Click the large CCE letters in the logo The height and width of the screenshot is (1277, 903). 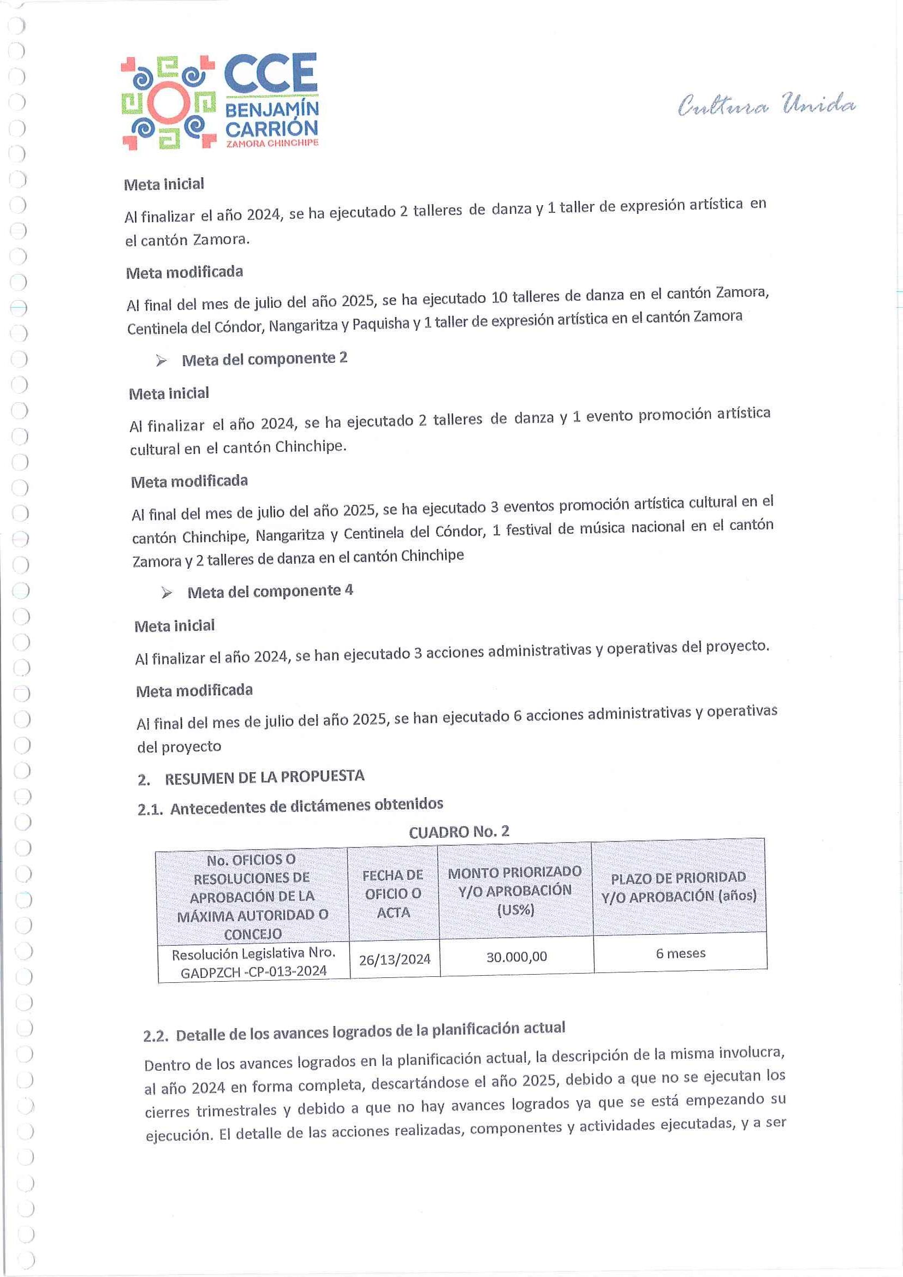270,74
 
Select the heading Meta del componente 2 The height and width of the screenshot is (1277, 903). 264,359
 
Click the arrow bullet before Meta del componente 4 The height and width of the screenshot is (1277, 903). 167,593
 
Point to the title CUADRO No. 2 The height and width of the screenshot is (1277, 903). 459,832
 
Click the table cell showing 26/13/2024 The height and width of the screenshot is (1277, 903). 395,959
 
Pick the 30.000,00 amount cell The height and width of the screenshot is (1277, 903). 516,957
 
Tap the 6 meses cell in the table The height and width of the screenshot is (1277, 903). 680,953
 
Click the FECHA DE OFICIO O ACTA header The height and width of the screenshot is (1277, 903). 393,893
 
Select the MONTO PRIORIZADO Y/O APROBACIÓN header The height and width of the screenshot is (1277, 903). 515,891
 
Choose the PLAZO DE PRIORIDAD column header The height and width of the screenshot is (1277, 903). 678,887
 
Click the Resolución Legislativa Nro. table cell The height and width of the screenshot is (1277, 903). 254,963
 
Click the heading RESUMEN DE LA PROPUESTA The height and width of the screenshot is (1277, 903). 264,777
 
